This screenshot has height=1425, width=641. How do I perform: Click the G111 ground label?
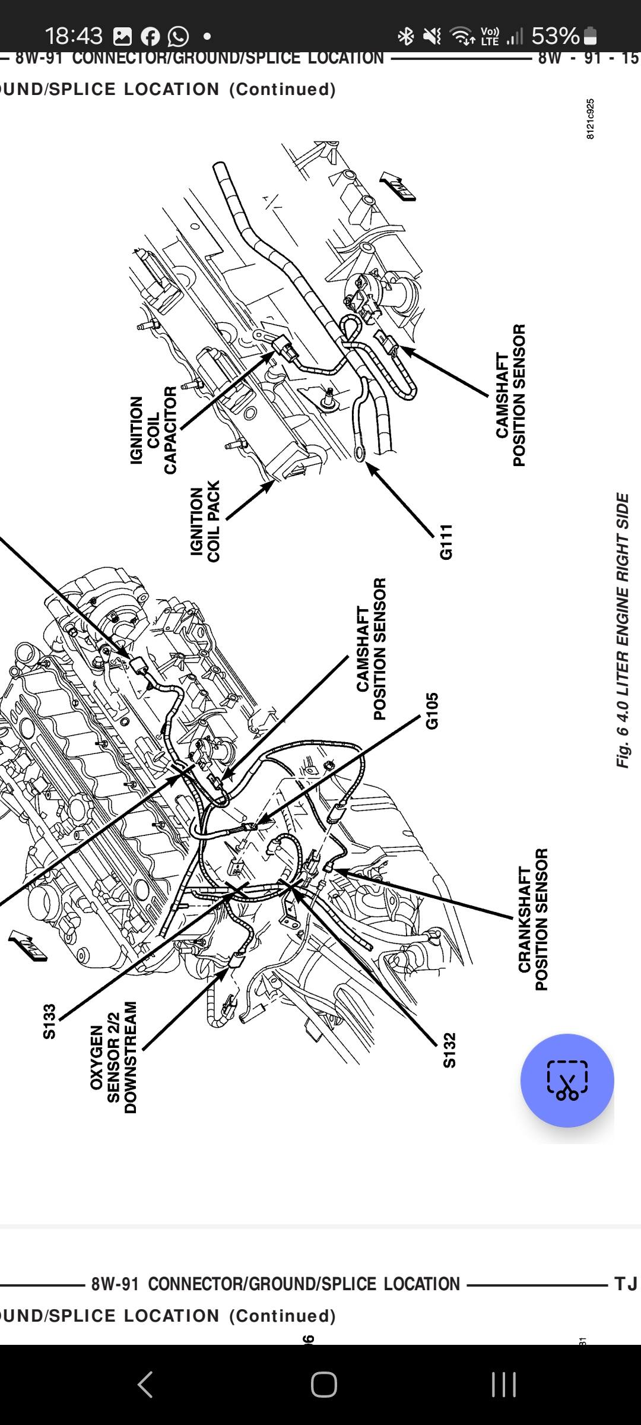pyautogui.click(x=446, y=541)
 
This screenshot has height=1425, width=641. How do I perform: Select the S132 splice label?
pyautogui.click(x=449, y=1050)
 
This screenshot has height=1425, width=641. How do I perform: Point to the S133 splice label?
pyautogui.click(x=49, y=1021)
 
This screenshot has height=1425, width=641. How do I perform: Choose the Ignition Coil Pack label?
pyautogui.click(x=205, y=521)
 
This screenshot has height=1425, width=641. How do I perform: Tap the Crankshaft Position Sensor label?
pyautogui.click(x=533, y=919)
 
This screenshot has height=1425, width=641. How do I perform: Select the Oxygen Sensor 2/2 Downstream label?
pyautogui.click(x=113, y=1057)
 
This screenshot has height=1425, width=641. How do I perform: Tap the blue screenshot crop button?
pyautogui.click(x=567, y=1080)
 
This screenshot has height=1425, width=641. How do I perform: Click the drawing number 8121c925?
pyautogui.click(x=590, y=119)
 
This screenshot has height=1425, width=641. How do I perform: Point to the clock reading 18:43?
pyautogui.click(x=74, y=36)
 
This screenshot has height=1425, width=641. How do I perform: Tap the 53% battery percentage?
pyautogui.click(x=556, y=36)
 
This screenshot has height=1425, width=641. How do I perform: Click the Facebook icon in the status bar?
pyautogui.click(x=150, y=37)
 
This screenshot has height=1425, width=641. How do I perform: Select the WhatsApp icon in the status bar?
pyautogui.click(x=178, y=37)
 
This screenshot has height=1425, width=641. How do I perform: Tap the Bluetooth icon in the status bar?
pyautogui.click(x=406, y=37)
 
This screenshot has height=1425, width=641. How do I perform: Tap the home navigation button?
pyautogui.click(x=323, y=1385)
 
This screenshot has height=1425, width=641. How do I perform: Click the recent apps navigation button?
pyautogui.click(x=503, y=1385)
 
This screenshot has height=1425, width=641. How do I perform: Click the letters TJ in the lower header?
pyautogui.click(x=626, y=1284)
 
